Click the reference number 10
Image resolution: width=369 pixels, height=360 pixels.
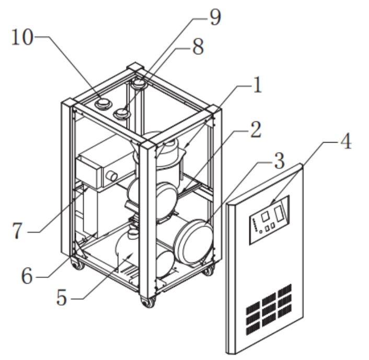[x=22, y=38]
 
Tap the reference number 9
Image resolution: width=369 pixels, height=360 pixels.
[x=215, y=17]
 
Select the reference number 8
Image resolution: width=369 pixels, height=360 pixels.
[x=198, y=46]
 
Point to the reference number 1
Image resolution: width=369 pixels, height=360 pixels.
[x=258, y=85]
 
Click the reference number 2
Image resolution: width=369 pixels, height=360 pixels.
[x=256, y=130]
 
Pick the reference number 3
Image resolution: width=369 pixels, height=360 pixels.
[x=280, y=160]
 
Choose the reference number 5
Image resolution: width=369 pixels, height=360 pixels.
[x=62, y=297]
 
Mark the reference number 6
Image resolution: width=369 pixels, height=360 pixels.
[x=27, y=276]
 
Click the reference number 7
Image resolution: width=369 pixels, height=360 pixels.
[x=17, y=231]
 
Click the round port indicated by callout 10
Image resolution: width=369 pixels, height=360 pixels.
[x=103, y=103]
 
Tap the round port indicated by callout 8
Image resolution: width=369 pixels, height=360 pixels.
[x=122, y=113]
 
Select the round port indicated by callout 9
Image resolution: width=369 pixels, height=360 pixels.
[x=140, y=84]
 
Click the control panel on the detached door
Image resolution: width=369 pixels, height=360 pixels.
[x=269, y=220]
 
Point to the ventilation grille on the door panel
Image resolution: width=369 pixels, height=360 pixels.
[x=269, y=310]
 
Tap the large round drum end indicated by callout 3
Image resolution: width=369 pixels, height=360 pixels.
[x=194, y=242]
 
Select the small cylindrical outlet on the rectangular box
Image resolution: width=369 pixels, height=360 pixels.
[x=111, y=176]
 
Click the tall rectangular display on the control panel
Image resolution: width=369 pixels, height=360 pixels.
[x=279, y=213]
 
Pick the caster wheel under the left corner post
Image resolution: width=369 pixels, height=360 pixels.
[x=78, y=264]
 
